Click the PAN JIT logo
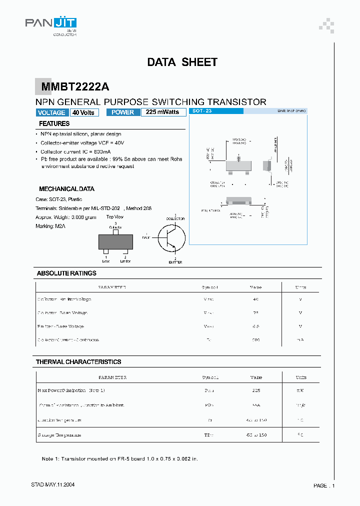pyautogui.click(x=51, y=23)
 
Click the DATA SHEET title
pyautogui.click(x=182, y=62)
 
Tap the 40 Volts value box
pyautogui.click(x=83, y=112)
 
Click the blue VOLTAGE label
pyautogui.click(x=51, y=112)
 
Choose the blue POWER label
pyautogui.click(x=123, y=112)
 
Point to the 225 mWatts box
pyautogui.click(x=163, y=112)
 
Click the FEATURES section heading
pyautogui.click(x=54, y=123)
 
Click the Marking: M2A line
pyautogui.click(x=50, y=226)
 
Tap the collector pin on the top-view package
pyautogui.click(x=116, y=232)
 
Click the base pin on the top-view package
pyautogui.click(x=106, y=251)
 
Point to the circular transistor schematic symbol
pyautogui.click(x=171, y=237)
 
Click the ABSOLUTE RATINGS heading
pyautogui.click(x=66, y=273)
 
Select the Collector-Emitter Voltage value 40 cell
pyautogui.click(x=255, y=299)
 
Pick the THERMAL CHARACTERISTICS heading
pyautogui.click(x=78, y=361)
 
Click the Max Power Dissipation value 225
pyautogui.click(x=255, y=390)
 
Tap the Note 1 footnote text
pyautogui.click(x=119, y=459)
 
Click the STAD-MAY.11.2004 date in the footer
pyautogui.click(x=53, y=485)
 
